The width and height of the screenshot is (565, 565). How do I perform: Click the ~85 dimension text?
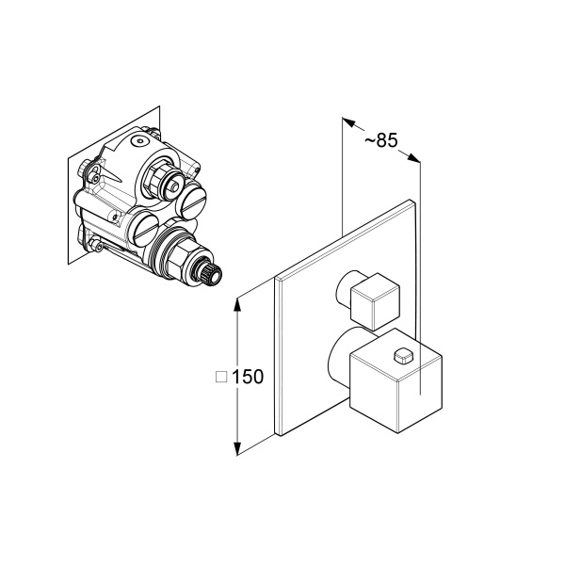(x=380, y=140)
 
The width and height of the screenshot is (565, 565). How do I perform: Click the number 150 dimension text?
(x=248, y=377)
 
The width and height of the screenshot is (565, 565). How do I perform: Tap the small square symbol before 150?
(x=221, y=378)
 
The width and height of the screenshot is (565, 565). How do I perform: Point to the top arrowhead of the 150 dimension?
(x=237, y=305)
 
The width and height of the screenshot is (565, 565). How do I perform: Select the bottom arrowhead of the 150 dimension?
(x=237, y=448)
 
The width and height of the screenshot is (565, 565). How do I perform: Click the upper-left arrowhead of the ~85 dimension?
(x=348, y=121)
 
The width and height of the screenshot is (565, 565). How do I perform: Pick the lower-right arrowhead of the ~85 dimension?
(x=413, y=158)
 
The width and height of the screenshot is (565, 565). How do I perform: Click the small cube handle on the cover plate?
(x=375, y=301)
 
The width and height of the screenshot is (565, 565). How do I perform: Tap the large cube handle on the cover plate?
(x=396, y=380)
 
